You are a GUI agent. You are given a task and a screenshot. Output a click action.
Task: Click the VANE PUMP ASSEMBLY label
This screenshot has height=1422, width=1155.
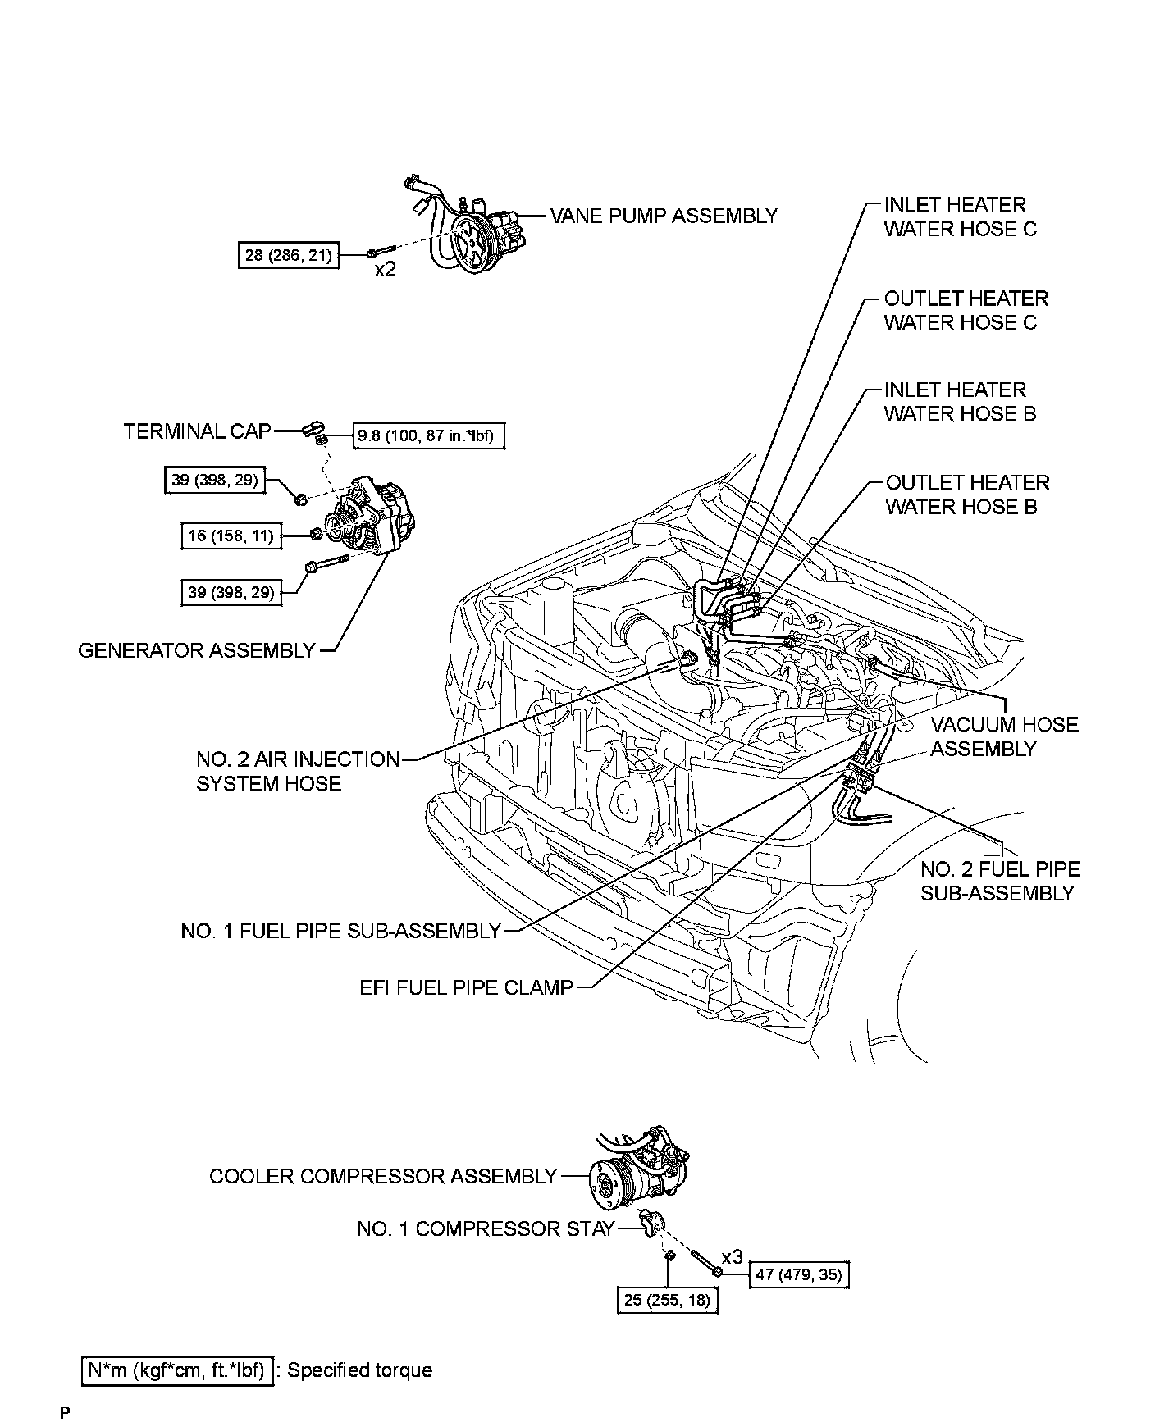click(x=663, y=216)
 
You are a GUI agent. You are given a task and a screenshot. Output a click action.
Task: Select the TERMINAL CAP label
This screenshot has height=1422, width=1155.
click(x=197, y=431)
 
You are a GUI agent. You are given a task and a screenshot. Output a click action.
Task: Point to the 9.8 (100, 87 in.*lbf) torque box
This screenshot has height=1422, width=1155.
click(x=428, y=435)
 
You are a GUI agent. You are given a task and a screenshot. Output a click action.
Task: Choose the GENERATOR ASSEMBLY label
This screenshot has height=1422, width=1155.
click(x=197, y=650)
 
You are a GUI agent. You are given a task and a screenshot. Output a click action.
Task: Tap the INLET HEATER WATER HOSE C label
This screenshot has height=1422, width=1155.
click(x=960, y=217)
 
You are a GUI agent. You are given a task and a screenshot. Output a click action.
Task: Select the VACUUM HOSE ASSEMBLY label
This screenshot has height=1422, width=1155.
click(x=1004, y=736)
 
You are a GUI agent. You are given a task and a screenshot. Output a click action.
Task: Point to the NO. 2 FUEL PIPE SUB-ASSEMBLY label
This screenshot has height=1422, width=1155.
click(x=999, y=881)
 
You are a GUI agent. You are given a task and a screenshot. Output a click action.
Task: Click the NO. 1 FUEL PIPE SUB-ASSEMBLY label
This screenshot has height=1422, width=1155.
click(x=340, y=932)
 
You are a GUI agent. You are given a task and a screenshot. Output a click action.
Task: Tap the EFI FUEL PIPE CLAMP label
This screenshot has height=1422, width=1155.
click(x=466, y=987)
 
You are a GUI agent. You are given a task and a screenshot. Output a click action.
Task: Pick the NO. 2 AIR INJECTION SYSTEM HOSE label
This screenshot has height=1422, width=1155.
click(x=297, y=772)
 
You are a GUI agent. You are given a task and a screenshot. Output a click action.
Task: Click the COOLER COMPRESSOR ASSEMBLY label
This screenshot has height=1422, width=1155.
click(x=383, y=1177)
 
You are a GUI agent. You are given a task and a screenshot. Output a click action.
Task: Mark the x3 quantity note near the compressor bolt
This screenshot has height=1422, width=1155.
click(x=732, y=1257)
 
